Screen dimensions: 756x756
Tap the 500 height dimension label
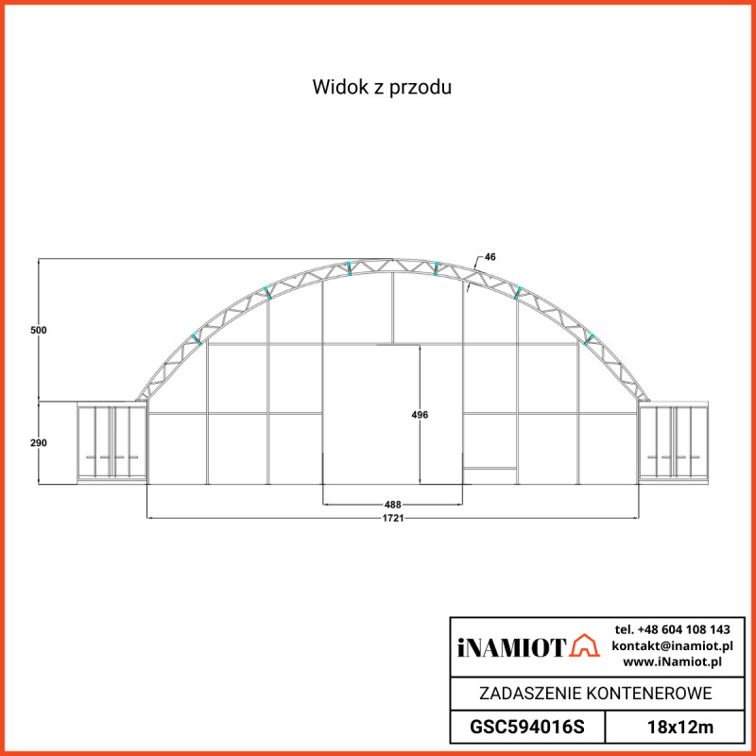38,330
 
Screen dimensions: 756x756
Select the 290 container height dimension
38,442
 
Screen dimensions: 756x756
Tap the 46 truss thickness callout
490,257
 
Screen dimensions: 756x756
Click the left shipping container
112,441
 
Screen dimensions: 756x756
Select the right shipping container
674,441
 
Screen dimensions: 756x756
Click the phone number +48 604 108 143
672,629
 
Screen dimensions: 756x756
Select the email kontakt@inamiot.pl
672,645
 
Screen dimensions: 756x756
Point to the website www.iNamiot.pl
672,661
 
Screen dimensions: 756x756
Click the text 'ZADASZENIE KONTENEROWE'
595,694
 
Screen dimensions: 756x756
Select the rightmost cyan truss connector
589,335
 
